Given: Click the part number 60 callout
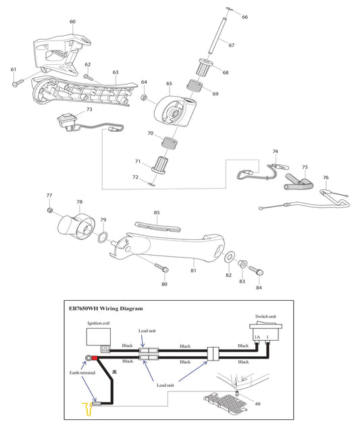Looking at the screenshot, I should (x=72, y=22).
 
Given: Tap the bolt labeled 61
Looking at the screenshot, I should (x=18, y=85).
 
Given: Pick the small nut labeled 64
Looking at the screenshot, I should (x=144, y=98).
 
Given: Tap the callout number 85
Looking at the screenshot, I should (x=157, y=213).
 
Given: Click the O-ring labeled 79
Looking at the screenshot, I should (x=103, y=237).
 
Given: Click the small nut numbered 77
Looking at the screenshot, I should (x=49, y=211).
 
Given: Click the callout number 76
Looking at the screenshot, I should (x=326, y=178).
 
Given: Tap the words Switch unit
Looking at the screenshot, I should (x=263, y=316).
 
